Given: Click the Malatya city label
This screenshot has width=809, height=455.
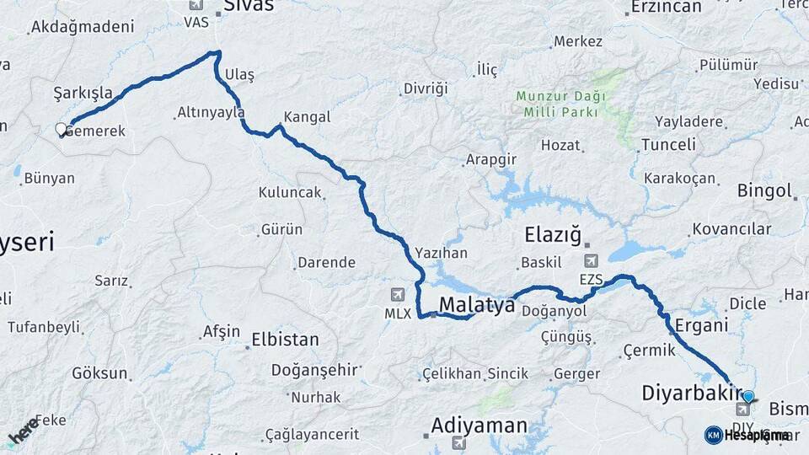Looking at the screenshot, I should [x=476, y=305].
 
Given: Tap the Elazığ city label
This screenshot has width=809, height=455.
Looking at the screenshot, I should [x=559, y=233].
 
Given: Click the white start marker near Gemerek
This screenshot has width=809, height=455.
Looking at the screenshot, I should [x=61, y=130].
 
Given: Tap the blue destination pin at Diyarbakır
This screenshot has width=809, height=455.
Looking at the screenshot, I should [x=747, y=396].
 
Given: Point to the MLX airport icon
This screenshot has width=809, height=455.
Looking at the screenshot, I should [x=398, y=295].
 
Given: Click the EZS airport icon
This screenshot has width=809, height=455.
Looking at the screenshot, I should [x=591, y=261].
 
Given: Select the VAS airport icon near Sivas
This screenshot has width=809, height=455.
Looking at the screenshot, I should [x=196, y=6].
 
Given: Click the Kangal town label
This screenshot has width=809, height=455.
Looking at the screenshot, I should [x=307, y=117].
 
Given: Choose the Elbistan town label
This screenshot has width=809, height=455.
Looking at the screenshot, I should [x=285, y=340].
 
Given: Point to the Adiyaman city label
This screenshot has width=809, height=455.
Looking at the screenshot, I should [x=479, y=426].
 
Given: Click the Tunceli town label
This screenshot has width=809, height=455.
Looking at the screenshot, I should [x=668, y=145].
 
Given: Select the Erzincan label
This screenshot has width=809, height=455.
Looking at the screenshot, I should [x=665, y=7].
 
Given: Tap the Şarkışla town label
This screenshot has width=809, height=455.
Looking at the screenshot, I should [x=83, y=92].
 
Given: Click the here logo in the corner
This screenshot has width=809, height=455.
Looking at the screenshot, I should [x=23, y=430].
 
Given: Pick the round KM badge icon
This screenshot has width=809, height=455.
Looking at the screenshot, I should [x=713, y=435].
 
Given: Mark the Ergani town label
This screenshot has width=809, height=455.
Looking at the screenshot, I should [x=695, y=325].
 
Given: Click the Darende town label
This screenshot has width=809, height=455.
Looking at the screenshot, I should [x=326, y=263].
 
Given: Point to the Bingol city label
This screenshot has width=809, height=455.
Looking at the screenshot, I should [x=764, y=190].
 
